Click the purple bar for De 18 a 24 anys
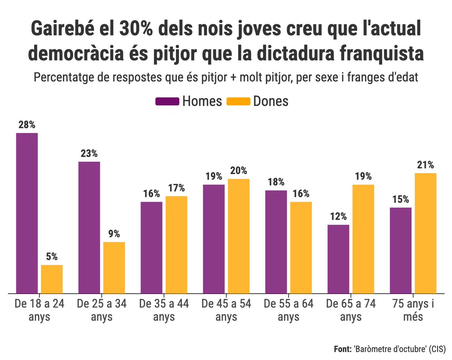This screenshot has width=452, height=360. click(27, 213)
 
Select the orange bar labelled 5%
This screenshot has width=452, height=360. click(52, 279)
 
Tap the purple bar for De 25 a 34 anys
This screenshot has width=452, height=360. click(89, 227)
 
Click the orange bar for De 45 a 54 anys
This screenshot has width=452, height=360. click(239, 236)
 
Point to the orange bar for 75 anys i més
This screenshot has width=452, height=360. click(426, 233)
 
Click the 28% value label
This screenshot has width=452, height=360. click(27, 125)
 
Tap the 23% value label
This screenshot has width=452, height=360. click(89, 154)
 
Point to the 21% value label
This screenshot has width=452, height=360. click(426, 165)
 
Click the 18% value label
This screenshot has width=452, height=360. click(276, 182)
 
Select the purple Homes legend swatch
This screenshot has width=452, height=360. click(167, 101)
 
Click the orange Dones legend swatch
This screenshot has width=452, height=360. click(238, 101)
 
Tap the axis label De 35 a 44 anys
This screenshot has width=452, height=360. click(164, 310)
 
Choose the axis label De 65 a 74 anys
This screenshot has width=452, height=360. click(351, 310)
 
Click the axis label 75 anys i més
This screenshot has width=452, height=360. click(413, 310)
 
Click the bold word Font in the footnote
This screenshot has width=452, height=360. click(343, 349)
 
